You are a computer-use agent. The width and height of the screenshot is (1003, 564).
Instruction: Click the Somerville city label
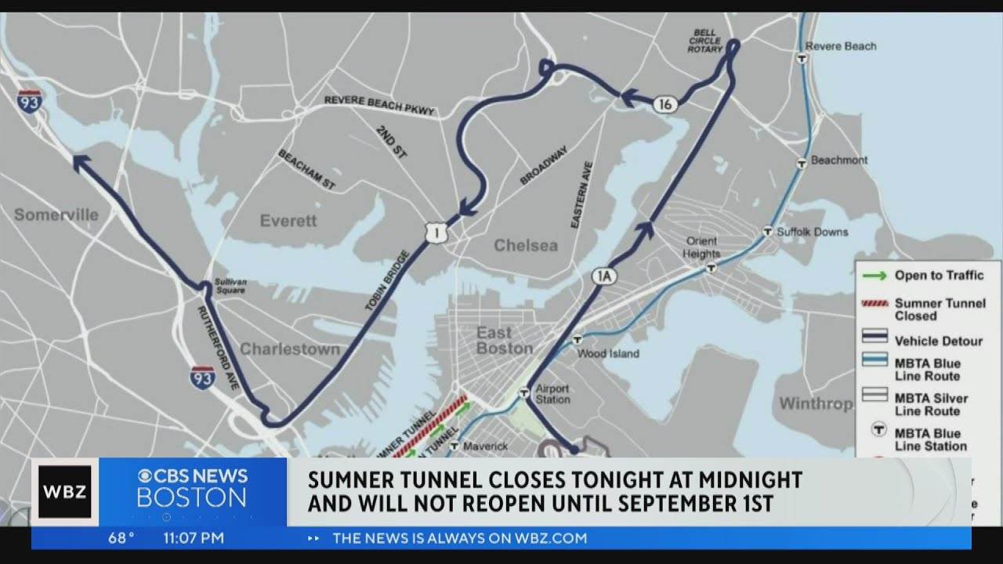click(56, 215)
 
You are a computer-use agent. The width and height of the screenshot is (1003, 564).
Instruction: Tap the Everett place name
click(288, 221)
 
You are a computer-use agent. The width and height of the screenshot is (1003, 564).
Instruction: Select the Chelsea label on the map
click(526, 246)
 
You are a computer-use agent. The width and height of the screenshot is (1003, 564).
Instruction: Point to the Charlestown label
click(290, 349)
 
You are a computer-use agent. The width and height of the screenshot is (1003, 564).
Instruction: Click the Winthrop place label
click(815, 404)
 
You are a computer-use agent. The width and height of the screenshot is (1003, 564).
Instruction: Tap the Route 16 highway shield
click(665, 104)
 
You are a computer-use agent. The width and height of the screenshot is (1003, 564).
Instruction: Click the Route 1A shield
click(604, 276)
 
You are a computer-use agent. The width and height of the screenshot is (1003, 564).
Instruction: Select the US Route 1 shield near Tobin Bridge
click(436, 232)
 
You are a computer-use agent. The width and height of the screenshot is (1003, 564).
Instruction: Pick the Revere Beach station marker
click(802, 58)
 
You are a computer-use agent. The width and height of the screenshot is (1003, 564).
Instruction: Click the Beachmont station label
click(839, 161)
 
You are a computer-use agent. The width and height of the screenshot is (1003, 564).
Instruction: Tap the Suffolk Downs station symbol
click(769, 231)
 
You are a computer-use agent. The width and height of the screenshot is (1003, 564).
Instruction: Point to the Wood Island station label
click(608, 354)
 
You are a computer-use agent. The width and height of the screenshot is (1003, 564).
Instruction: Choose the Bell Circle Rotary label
click(704, 40)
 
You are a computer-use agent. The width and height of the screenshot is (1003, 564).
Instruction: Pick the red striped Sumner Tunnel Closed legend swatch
click(874, 303)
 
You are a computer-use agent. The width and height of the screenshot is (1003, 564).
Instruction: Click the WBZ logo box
click(65, 492)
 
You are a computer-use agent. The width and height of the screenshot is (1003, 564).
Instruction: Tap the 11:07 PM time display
click(193, 538)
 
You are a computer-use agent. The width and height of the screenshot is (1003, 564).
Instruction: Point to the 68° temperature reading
click(121, 538)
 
